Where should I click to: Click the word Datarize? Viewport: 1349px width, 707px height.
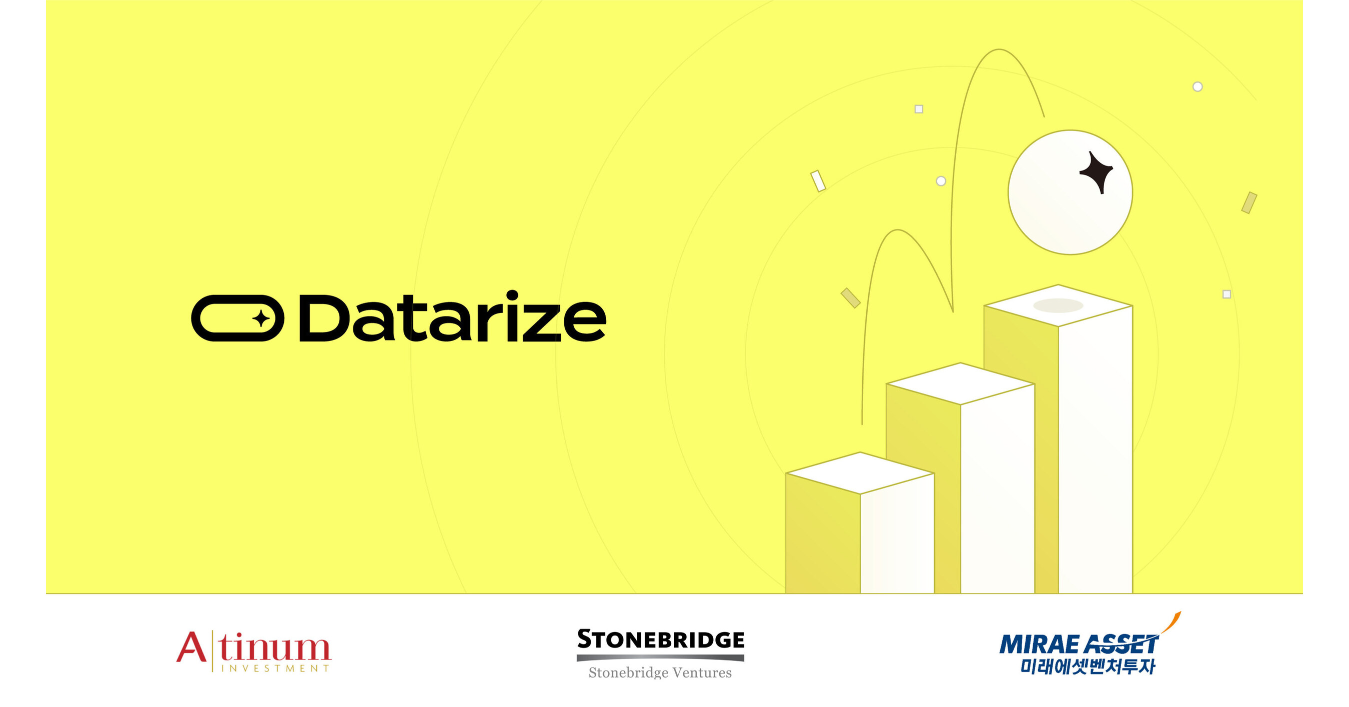tap(452, 318)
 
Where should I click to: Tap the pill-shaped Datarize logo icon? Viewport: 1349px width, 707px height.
tap(237, 318)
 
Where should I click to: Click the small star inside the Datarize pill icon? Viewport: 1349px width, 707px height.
tap(261, 318)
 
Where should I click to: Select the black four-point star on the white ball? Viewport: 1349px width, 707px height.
tap(1097, 172)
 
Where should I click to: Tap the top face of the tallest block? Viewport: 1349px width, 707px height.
tap(1058, 305)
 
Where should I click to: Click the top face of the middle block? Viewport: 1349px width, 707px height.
tap(960, 383)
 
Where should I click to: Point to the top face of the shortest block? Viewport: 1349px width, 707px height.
tap(860, 473)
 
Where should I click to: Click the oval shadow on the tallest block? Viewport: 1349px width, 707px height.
tap(1058, 305)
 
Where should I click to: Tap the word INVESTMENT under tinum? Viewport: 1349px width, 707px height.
tap(275, 668)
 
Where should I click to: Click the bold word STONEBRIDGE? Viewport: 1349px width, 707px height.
tap(660, 639)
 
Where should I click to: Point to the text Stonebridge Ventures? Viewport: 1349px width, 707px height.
tap(660, 672)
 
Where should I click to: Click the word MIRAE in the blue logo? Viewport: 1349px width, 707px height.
tap(1039, 644)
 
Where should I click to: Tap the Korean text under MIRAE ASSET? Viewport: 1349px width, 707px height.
tap(1087, 666)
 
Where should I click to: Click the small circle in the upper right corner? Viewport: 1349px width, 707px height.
tap(1197, 87)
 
